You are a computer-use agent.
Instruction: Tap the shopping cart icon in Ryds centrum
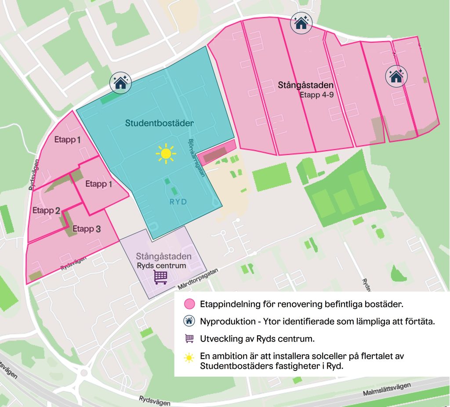pos(160,277)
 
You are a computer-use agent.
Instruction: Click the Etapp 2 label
pos(46,211)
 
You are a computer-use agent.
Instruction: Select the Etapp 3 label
pos(87,229)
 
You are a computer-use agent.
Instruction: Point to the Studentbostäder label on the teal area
pos(159,124)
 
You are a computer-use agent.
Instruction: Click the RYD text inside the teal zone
pos(178,202)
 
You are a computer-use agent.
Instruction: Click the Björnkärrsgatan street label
pos(197,156)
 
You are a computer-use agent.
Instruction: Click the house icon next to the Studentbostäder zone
pos(120,82)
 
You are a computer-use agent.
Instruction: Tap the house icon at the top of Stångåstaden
pos(301,23)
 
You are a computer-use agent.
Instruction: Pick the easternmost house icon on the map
pos(396,76)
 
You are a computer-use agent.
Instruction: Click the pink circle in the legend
pos(189,304)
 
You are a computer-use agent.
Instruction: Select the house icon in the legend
pos(189,321)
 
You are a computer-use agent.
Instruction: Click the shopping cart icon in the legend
pos(189,338)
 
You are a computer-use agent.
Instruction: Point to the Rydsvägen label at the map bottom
pos(154,400)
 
